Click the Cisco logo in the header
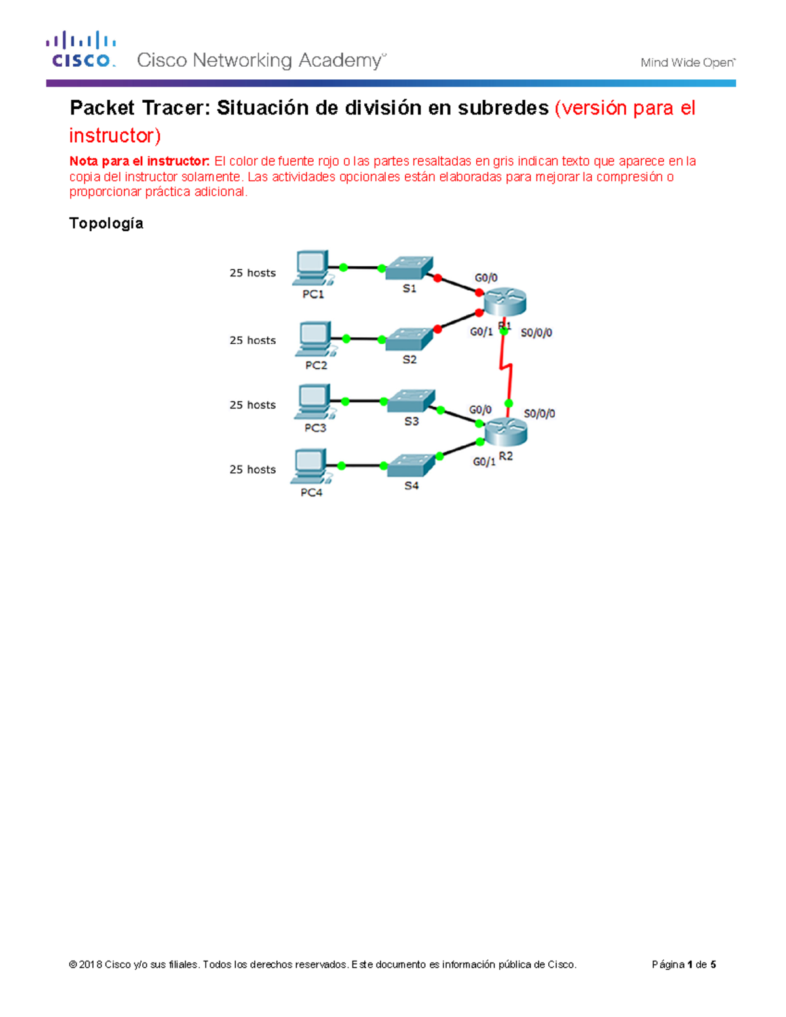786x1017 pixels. [81, 49]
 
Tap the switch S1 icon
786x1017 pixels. [409, 267]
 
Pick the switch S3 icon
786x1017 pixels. [411, 401]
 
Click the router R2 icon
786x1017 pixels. [506, 431]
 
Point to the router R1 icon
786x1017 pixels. [505, 301]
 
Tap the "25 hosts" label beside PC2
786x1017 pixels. [252, 341]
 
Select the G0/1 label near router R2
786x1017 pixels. [484, 462]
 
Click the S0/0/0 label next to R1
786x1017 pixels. [536, 333]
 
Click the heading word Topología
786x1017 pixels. [106, 223]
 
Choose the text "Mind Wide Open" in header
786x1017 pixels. [687, 63]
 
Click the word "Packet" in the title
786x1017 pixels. [102, 108]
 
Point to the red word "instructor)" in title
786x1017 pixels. [115, 136]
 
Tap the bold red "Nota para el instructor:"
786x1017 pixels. [140, 161]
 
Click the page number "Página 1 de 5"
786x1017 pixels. [683, 965]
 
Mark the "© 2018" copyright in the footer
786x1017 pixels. [85, 965]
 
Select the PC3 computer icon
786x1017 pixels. [313, 401]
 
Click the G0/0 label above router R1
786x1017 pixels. [486, 278]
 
